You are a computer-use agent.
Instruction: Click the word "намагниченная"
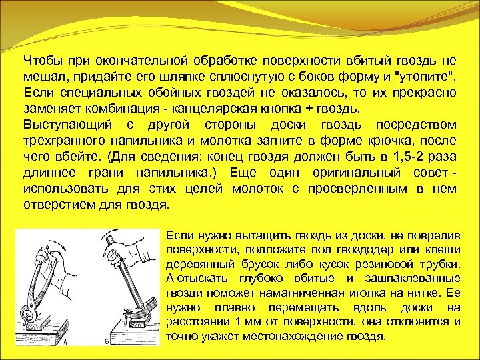point(343,293)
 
